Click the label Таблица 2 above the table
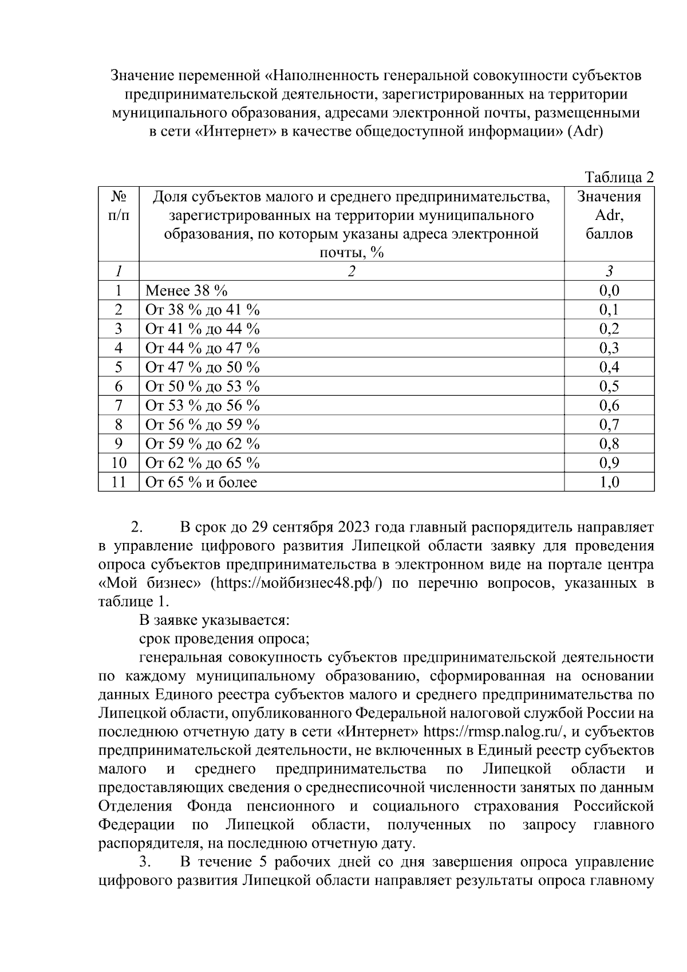pos(618,177)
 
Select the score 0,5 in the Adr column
pos(609,387)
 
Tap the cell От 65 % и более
pos(201,482)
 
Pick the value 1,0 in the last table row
pos(609,482)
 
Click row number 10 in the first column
pos(119,463)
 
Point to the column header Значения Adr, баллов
pos(609,215)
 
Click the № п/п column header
pos(119,206)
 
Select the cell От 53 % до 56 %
pos(202,406)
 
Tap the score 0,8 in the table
pos(609,444)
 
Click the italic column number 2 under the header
pos(351,271)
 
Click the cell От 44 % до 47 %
pos(202,348)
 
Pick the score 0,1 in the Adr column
pos(609,310)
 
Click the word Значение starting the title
pos(142,75)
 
